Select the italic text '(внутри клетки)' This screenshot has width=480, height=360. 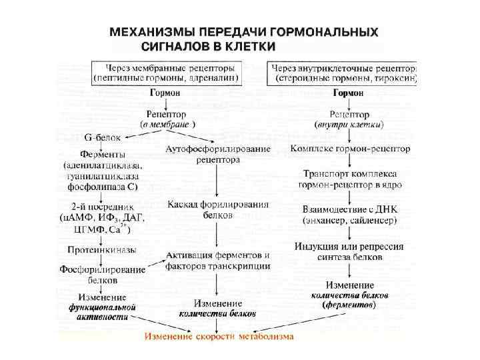[x=348, y=125]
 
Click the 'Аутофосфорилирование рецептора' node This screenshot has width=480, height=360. [x=218, y=154]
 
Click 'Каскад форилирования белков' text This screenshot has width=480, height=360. [x=218, y=209]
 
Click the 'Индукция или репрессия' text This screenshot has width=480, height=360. [x=349, y=246]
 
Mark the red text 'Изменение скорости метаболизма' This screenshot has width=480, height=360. [x=219, y=336]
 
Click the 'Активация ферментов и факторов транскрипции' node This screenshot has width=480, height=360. [x=218, y=261]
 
